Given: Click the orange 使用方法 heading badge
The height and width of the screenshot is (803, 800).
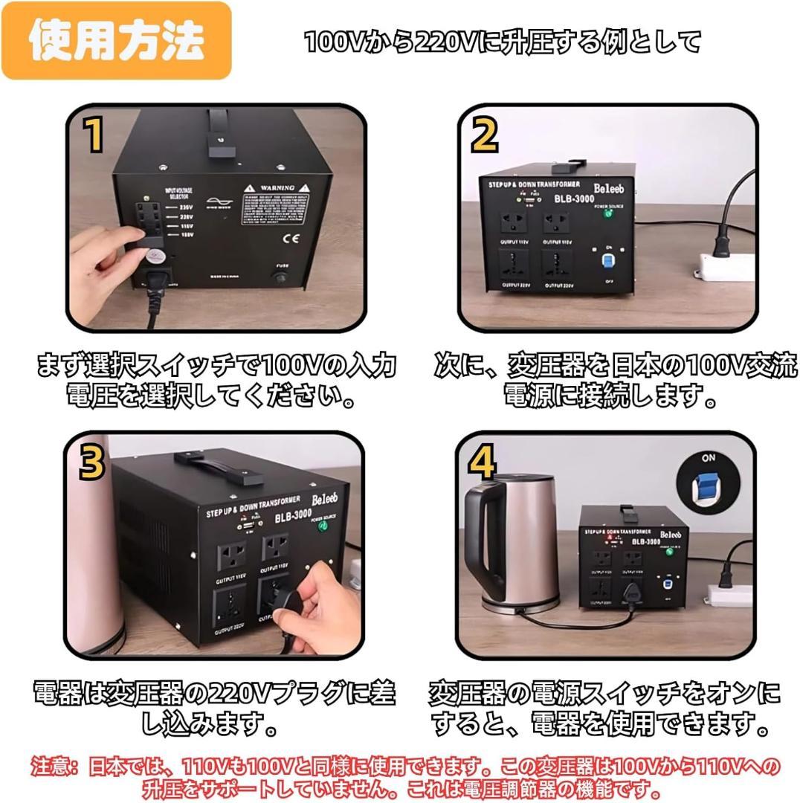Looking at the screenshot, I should click(115, 42).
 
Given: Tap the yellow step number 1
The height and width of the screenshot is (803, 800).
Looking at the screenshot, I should click(94, 135).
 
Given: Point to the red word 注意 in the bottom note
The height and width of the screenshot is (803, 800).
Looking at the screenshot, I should click(56, 766).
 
